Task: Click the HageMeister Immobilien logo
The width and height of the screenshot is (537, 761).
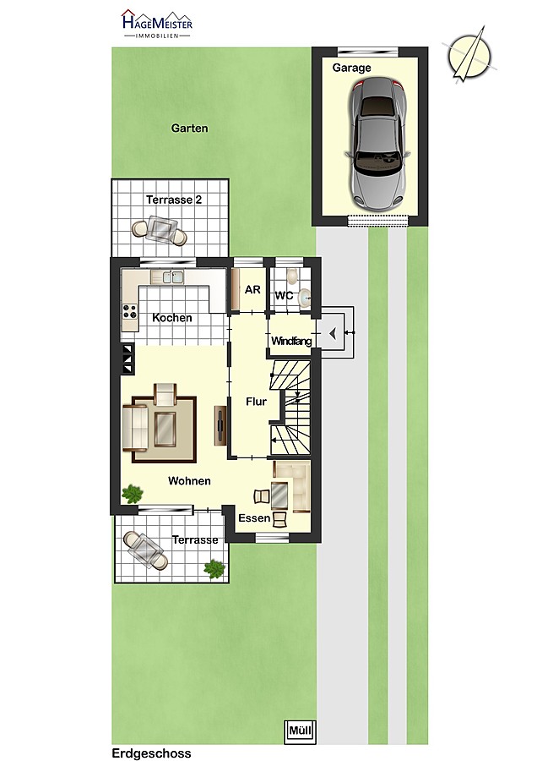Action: (157, 25)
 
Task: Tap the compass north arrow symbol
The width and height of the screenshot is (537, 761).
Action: (469, 54)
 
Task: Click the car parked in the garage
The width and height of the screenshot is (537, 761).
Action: (377, 144)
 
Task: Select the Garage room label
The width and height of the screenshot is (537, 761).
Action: (351, 68)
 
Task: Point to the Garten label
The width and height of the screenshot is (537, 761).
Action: (189, 129)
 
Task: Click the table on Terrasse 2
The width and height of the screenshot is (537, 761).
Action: (163, 227)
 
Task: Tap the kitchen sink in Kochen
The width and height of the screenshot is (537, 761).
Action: (172, 277)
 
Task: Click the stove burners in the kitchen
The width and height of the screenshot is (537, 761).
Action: (130, 311)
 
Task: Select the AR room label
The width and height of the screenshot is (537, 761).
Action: (252, 290)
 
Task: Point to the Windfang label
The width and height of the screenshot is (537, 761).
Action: (291, 341)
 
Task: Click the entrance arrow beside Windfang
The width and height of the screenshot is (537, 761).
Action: (333, 333)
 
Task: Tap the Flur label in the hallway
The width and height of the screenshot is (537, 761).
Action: (256, 402)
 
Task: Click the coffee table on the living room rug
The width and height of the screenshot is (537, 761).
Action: (165, 429)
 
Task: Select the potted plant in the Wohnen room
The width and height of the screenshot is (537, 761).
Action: (132, 494)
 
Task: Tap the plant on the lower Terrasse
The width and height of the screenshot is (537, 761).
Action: (214, 568)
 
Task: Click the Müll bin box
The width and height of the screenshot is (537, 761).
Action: (300, 731)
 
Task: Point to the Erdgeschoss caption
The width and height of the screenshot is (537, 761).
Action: (151, 753)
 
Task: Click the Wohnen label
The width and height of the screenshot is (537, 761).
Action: (189, 481)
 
